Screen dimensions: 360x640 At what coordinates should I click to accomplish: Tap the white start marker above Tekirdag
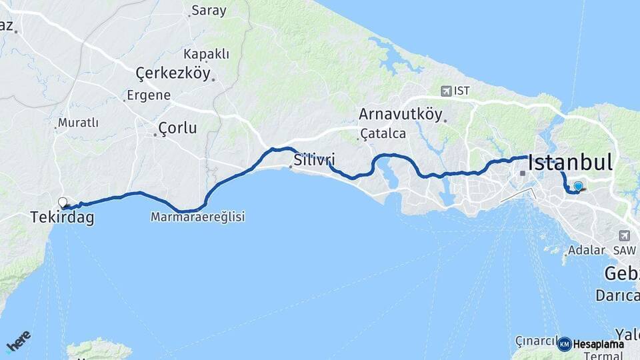click(x=63, y=202)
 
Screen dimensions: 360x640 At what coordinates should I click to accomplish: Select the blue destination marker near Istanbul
click(x=578, y=187)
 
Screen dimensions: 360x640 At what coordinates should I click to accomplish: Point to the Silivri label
click(x=314, y=160)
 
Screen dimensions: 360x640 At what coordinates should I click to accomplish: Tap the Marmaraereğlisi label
click(x=198, y=217)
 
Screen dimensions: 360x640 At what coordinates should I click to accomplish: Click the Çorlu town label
click(x=177, y=128)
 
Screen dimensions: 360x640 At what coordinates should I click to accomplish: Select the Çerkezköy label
click(x=173, y=73)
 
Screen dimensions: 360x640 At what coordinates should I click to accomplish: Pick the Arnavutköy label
click(x=400, y=113)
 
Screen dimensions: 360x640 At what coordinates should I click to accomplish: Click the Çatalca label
click(x=383, y=133)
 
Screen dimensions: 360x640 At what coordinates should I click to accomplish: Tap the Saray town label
click(x=209, y=11)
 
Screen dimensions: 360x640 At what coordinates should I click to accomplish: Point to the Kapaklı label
click(x=207, y=54)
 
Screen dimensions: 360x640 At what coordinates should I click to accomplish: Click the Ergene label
click(x=150, y=95)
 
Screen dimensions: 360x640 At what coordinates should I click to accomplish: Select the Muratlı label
click(x=78, y=123)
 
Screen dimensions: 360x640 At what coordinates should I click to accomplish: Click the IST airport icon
click(x=445, y=91)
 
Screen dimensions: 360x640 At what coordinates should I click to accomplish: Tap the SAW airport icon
click(x=624, y=235)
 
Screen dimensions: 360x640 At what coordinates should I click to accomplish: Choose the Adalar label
click(x=587, y=251)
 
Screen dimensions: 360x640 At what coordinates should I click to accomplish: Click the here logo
click(x=18, y=341)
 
